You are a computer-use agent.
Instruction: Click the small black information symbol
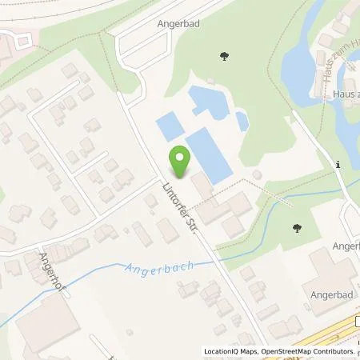point(339,165)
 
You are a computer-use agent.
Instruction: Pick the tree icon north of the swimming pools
point(223,56)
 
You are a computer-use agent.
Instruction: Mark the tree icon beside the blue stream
point(297,228)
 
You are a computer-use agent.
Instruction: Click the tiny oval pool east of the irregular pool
point(242,122)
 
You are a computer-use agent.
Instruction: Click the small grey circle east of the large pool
point(257,175)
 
